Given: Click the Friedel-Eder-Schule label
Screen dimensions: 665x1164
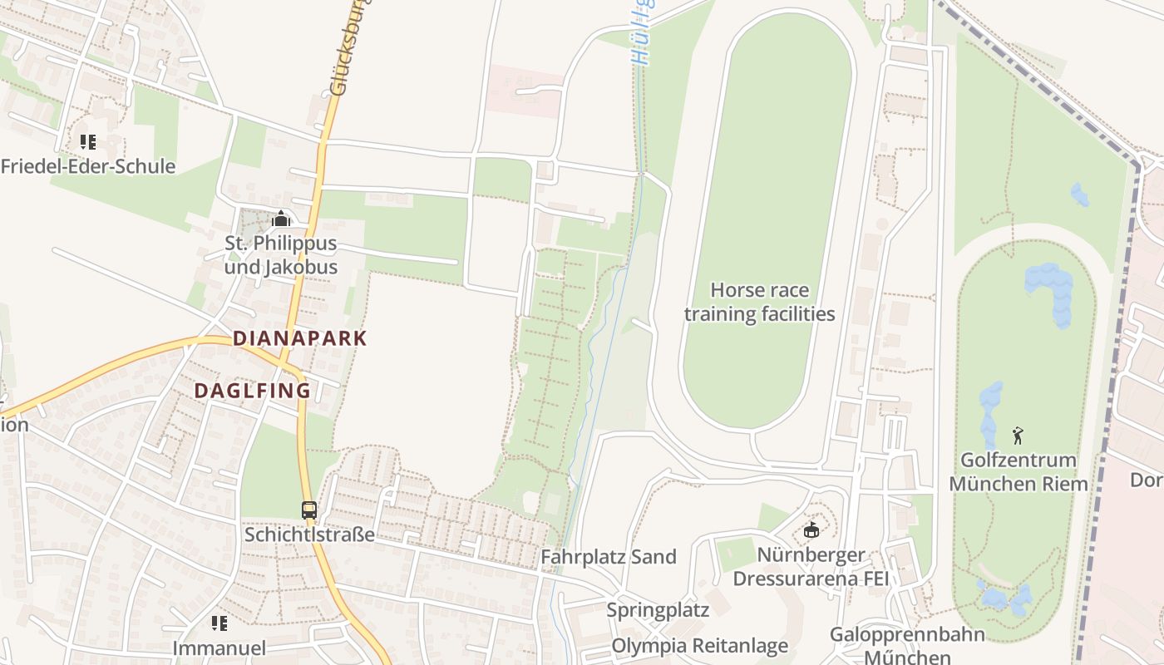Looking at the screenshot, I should coord(88,166).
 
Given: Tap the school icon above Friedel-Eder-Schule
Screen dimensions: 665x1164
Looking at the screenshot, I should coord(88,142).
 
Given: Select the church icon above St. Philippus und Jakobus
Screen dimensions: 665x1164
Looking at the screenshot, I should coord(281,219).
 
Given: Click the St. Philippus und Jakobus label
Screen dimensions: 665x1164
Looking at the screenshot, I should coord(281,255).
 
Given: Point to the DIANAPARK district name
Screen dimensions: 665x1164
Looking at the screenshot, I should coord(300,338).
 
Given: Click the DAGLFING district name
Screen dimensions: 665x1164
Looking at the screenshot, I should coord(253,391).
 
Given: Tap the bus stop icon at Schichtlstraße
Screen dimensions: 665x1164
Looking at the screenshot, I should coord(309,510).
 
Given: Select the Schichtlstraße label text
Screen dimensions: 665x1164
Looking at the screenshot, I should coord(309,534).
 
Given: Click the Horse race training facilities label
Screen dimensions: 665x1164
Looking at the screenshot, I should coord(759,302).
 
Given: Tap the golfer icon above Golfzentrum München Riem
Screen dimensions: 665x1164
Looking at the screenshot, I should coord(1018,436).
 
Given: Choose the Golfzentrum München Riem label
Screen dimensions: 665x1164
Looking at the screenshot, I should coord(1018,472).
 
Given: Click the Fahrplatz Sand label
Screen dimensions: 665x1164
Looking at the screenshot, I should coord(609,557).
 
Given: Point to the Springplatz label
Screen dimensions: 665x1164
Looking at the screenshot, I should coord(658,610).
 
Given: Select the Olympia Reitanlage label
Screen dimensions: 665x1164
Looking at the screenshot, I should coord(700,646).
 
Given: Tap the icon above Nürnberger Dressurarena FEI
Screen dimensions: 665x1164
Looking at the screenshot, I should coord(811,530).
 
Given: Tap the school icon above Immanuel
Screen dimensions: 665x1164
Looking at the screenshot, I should coord(219,623).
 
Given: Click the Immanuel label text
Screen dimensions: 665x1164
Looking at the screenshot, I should coord(219,648).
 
